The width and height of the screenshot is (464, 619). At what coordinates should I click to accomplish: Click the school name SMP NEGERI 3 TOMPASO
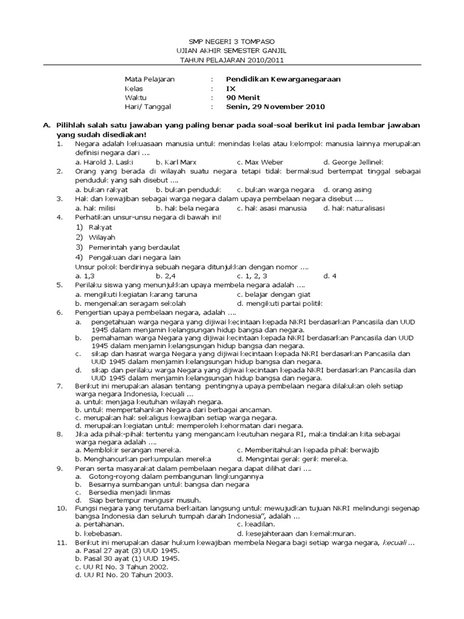pos(231,41)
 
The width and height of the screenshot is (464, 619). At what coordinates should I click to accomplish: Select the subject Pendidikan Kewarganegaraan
pos(283,79)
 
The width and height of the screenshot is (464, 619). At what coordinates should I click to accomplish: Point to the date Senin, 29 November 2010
pos(275,106)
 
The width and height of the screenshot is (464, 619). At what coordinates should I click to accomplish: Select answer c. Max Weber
pos(260,162)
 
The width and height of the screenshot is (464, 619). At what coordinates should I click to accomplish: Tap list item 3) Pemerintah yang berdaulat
pos(127,248)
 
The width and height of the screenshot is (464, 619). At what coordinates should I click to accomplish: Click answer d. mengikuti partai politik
pos(280,303)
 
